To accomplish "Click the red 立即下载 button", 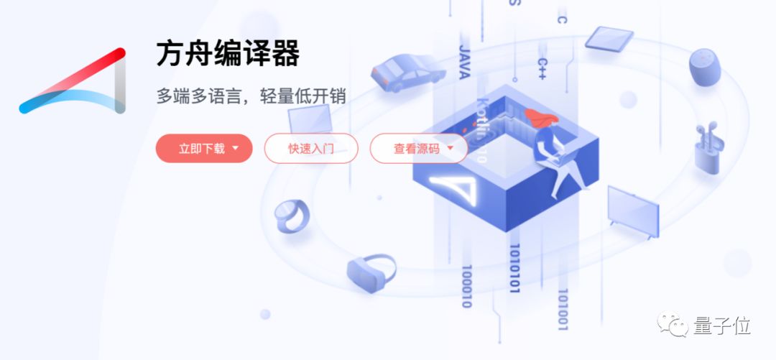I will coord(204,149).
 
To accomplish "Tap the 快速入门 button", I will coord(311,149).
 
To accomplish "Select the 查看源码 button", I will coord(419,149).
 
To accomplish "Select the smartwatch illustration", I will coord(292,216).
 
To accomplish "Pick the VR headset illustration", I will coord(371,271).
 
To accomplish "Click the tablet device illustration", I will coord(609,38).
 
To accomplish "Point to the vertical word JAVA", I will coord(464,62).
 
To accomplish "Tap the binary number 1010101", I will coord(514,269).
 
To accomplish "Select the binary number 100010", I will coord(466,286).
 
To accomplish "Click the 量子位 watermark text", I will coord(722,326).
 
